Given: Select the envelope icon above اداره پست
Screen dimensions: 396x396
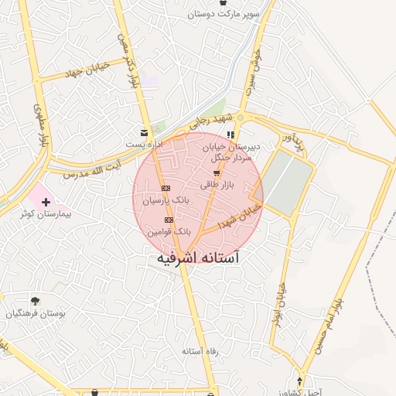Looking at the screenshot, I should point(144,133).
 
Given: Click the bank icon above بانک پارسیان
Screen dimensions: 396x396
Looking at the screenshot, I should point(166,188).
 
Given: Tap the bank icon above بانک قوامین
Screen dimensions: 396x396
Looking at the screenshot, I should point(169,220).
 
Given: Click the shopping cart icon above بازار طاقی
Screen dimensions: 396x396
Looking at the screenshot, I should point(216,173).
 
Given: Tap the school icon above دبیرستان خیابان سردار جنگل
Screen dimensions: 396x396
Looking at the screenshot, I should point(230,135).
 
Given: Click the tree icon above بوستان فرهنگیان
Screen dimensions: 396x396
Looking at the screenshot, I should point(35,302).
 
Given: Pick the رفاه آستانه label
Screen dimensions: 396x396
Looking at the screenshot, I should point(200,351).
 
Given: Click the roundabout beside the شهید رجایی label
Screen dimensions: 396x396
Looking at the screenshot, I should point(241,118).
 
